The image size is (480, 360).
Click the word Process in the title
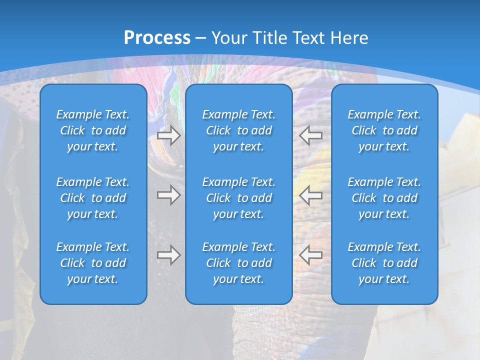click(x=157, y=38)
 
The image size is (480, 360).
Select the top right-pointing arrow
click(x=168, y=135)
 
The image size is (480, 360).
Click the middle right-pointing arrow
click(x=168, y=195)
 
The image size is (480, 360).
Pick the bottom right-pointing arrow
click(x=168, y=255)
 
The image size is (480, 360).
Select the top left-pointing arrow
click(x=310, y=135)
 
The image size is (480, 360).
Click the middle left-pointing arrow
click(x=310, y=195)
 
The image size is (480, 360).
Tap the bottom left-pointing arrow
click(x=310, y=255)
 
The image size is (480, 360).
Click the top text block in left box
click(x=93, y=130)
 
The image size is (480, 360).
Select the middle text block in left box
click(x=93, y=198)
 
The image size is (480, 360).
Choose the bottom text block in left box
click(x=93, y=263)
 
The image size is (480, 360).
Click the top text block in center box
click(x=239, y=130)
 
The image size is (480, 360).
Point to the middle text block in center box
click(x=239, y=198)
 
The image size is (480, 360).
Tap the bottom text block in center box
click(x=239, y=263)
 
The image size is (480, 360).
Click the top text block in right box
click(x=384, y=130)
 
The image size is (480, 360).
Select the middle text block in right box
click(x=384, y=198)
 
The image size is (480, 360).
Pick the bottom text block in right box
click(x=384, y=263)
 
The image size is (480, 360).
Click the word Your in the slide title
click(x=229, y=38)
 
